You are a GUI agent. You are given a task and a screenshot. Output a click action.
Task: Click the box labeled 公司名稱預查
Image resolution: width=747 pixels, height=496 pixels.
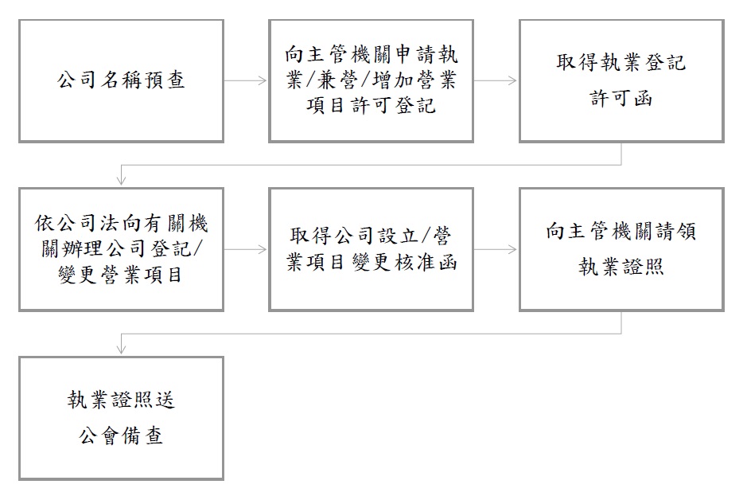click(121, 81)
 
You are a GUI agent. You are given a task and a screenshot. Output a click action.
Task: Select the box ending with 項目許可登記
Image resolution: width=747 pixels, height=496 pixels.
click(372, 81)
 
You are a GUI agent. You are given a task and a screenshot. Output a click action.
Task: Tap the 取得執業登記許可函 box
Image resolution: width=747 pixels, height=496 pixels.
click(621, 81)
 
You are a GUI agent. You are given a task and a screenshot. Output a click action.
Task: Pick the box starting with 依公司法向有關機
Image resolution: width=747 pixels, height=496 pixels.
click(121, 249)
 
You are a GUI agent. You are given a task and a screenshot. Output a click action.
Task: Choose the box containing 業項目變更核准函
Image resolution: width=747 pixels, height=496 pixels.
click(372, 249)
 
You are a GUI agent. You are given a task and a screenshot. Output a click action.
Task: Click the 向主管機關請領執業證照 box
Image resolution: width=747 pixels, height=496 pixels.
click(621, 249)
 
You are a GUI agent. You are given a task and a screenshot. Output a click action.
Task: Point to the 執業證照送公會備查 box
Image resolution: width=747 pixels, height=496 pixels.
click(121, 418)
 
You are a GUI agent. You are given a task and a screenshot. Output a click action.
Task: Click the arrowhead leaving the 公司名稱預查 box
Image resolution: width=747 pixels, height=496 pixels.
click(263, 81)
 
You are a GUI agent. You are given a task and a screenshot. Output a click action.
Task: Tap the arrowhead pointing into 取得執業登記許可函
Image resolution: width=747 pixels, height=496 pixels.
click(512, 81)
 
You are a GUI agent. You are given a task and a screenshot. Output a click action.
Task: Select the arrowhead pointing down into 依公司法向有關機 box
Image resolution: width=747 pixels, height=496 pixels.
click(122, 180)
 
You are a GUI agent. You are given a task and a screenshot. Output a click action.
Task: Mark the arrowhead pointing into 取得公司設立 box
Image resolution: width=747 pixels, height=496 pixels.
click(263, 249)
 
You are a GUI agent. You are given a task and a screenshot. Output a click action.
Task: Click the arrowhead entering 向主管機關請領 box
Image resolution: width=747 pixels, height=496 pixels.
click(512, 249)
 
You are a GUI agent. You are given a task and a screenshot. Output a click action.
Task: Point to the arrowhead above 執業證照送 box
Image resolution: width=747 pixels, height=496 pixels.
click(122, 349)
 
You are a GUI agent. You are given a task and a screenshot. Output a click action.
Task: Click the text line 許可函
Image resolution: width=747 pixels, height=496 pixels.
click(621, 99)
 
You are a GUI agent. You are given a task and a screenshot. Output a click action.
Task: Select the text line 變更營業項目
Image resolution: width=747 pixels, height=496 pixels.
click(121, 275)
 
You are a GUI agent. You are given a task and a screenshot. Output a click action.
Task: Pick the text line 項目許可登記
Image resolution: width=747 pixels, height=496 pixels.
click(372, 106)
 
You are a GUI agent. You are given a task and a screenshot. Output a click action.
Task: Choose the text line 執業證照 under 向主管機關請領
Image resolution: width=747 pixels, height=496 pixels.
click(621, 267)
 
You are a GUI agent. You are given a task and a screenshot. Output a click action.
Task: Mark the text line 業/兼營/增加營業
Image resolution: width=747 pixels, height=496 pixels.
click(372, 80)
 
